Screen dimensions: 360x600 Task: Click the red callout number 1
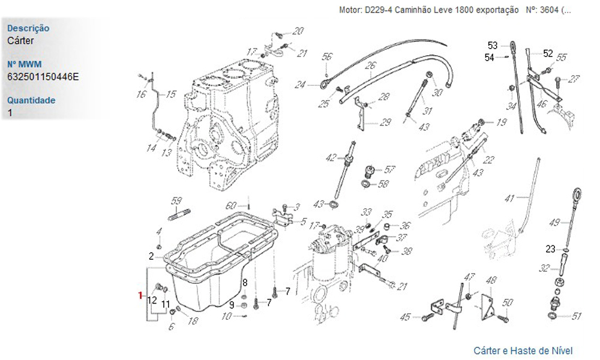point(140,295)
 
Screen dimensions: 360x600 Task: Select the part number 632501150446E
point(43,77)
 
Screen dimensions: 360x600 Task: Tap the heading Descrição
point(28,28)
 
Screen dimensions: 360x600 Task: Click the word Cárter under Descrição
point(21,41)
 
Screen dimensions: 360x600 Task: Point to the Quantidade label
point(31,100)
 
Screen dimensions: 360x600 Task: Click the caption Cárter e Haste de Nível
point(523,350)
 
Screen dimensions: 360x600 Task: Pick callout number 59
point(176,200)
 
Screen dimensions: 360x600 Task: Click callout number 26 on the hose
point(370,65)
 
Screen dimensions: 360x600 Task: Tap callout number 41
point(510,198)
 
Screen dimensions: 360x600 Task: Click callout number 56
point(326,57)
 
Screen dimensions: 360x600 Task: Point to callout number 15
point(171,94)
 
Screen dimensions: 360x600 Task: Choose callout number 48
point(491,280)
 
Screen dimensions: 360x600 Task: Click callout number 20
point(298,31)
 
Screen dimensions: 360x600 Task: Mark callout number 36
point(406,226)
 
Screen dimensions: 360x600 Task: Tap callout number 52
point(548,53)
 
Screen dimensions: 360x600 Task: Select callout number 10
point(226,316)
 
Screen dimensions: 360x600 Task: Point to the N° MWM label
point(23,64)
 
